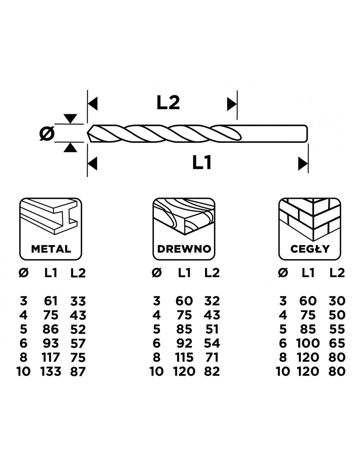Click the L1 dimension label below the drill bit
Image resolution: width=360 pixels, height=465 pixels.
tap(202, 163)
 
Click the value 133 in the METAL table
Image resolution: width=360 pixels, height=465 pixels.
tap(50, 371)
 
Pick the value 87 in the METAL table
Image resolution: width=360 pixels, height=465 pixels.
tap(78, 371)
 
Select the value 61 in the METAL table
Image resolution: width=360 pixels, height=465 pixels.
tap(50, 301)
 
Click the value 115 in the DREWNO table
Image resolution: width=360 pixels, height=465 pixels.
tap(184, 357)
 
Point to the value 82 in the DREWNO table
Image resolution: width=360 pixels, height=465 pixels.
tap(211, 371)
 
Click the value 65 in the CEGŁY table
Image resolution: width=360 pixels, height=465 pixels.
tap(337, 343)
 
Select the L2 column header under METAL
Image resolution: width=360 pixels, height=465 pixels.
tap(78, 273)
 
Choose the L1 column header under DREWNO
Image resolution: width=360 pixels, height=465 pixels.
tap(184, 273)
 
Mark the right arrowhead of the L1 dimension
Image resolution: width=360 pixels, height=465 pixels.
tap(303, 164)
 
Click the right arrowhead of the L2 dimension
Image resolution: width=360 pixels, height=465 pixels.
tap(232, 104)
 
